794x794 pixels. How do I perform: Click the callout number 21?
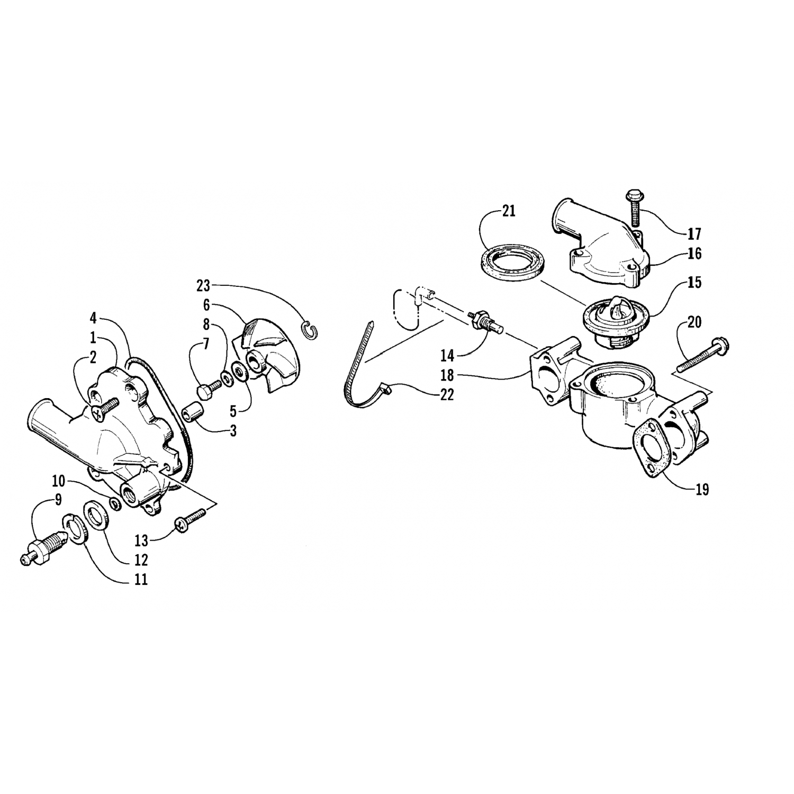[508, 212]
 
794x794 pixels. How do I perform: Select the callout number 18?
[447, 375]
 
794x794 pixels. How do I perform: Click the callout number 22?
[447, 395]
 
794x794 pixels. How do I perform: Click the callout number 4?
[93, 319]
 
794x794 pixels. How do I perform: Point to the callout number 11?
[140, 580]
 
